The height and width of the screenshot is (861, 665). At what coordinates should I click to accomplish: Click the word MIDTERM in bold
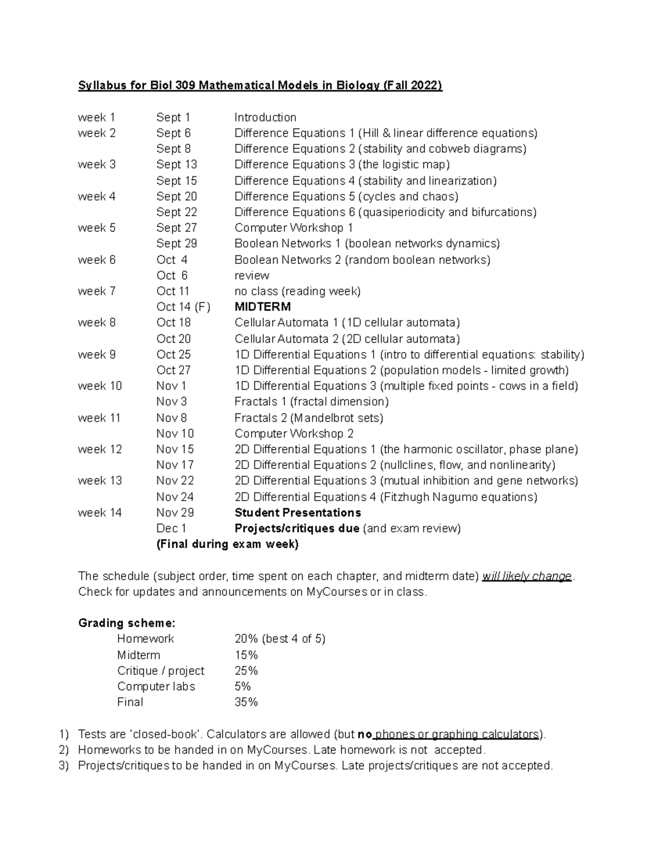click(x=262, y=307)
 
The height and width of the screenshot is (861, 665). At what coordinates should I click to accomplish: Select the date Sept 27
click(x=176, y=228)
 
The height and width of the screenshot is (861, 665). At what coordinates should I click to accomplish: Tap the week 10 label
click(x=100, y=386)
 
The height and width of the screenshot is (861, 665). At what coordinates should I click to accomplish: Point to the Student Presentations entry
click(x=298, y=513)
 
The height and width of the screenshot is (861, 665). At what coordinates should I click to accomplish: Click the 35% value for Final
click(x=246, y=702)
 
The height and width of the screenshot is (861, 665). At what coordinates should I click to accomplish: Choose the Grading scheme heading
click(x=127, y=623)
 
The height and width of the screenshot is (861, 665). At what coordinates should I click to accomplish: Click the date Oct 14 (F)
click(x=183, y=307)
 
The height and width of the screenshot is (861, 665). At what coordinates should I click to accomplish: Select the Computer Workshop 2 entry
click(x=294, y=434)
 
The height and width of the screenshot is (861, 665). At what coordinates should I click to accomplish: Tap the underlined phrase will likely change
click(x=526, y=576)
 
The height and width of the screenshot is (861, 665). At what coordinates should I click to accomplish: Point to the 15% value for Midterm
click(x=246, y=655)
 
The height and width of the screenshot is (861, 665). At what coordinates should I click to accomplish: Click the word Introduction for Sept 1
click(x=265, y=118)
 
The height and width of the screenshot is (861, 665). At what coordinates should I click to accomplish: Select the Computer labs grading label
click(x=156, y=686)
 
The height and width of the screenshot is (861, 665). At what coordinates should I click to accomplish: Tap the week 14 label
click(x=100, y=513)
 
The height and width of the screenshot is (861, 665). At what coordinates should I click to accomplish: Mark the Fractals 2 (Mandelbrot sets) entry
click(x=309, y=418)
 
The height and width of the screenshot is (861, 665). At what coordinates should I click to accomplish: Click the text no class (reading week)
click(x=297, y=291)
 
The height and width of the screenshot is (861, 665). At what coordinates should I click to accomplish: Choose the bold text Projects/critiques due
click(x=296, y=528)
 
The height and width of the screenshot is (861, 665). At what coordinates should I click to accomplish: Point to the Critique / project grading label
click(x=160, y=671)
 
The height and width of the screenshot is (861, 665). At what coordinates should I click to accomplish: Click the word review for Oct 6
click(x=252, y=276)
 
